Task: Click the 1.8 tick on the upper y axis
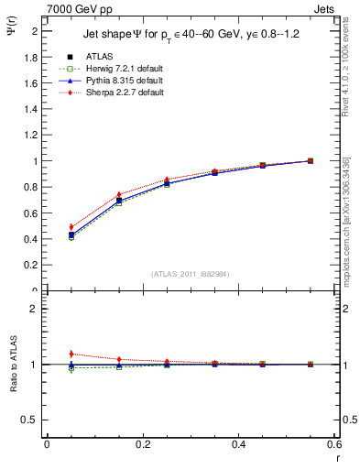(x=32, y=57)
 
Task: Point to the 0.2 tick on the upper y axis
(x=32, y=266)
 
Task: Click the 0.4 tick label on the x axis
(x=238, y=444)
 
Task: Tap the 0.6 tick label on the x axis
(x=334, y=444)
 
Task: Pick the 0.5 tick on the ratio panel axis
(x=32, y=420)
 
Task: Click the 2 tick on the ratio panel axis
(x=36, y=309)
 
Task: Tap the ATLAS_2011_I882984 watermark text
(x=191, y=275)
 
